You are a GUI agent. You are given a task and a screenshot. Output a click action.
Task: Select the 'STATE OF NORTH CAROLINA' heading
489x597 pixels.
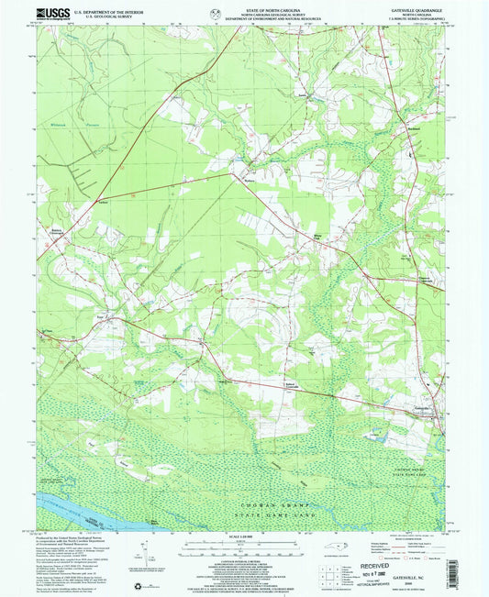(x=243, y=7)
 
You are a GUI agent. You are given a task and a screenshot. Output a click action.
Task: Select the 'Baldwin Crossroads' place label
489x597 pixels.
(x=55, y=230)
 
